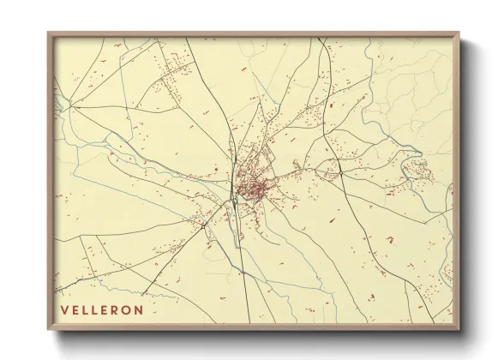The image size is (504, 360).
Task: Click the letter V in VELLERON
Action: click(65, 309)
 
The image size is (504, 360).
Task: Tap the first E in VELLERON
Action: click(76, 309)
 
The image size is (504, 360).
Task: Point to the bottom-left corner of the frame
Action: click(48, 330)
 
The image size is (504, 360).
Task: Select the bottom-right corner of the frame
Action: click(461, 330)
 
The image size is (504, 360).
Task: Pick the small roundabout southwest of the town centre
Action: click(233, 204)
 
